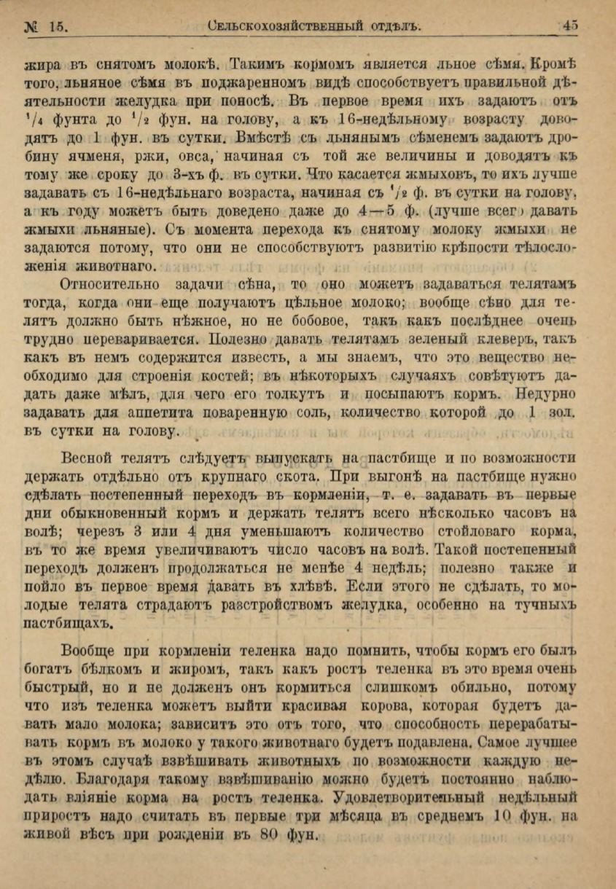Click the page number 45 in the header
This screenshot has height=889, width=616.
click(x=570, y=26)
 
